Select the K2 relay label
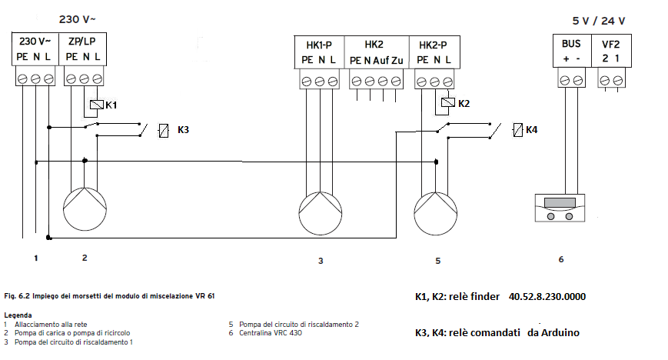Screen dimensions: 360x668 [464, 103]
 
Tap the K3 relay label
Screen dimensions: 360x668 [183, 130]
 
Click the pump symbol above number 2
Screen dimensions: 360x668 [84, 207]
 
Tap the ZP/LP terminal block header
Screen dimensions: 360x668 [82, 42]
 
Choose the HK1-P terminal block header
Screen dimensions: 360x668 [320, 45]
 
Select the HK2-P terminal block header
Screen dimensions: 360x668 [434, 45]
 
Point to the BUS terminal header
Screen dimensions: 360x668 [570, 45]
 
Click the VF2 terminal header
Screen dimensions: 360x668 [611, 45]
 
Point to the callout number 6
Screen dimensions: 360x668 [561, 259]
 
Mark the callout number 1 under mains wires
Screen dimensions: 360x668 [35, 257]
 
